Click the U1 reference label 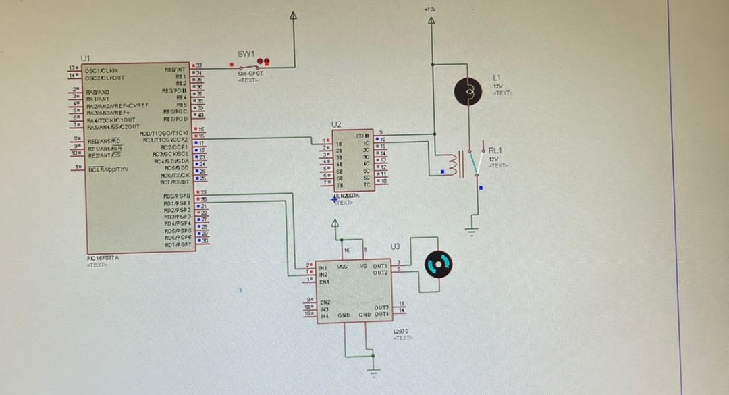[x=85, y=59]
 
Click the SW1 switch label [x=246, y=53]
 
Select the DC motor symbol [x=437, y=264]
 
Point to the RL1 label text [x=495, y=150]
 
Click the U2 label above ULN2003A [x=336, y=124]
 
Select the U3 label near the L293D [x=395, y=246]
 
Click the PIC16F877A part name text [x=103, y=259]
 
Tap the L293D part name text [x=401, y=331]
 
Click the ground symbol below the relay [x=473, y=231]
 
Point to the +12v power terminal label [x=430, y=10]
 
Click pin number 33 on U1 [x=199, y=65]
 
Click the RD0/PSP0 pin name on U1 [x=177, y=195]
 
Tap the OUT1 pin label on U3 [x=381, y=265]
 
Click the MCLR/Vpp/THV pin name [x=108, y=169]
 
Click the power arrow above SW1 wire [x=294, y=16]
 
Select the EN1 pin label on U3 [x=324, y=281]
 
